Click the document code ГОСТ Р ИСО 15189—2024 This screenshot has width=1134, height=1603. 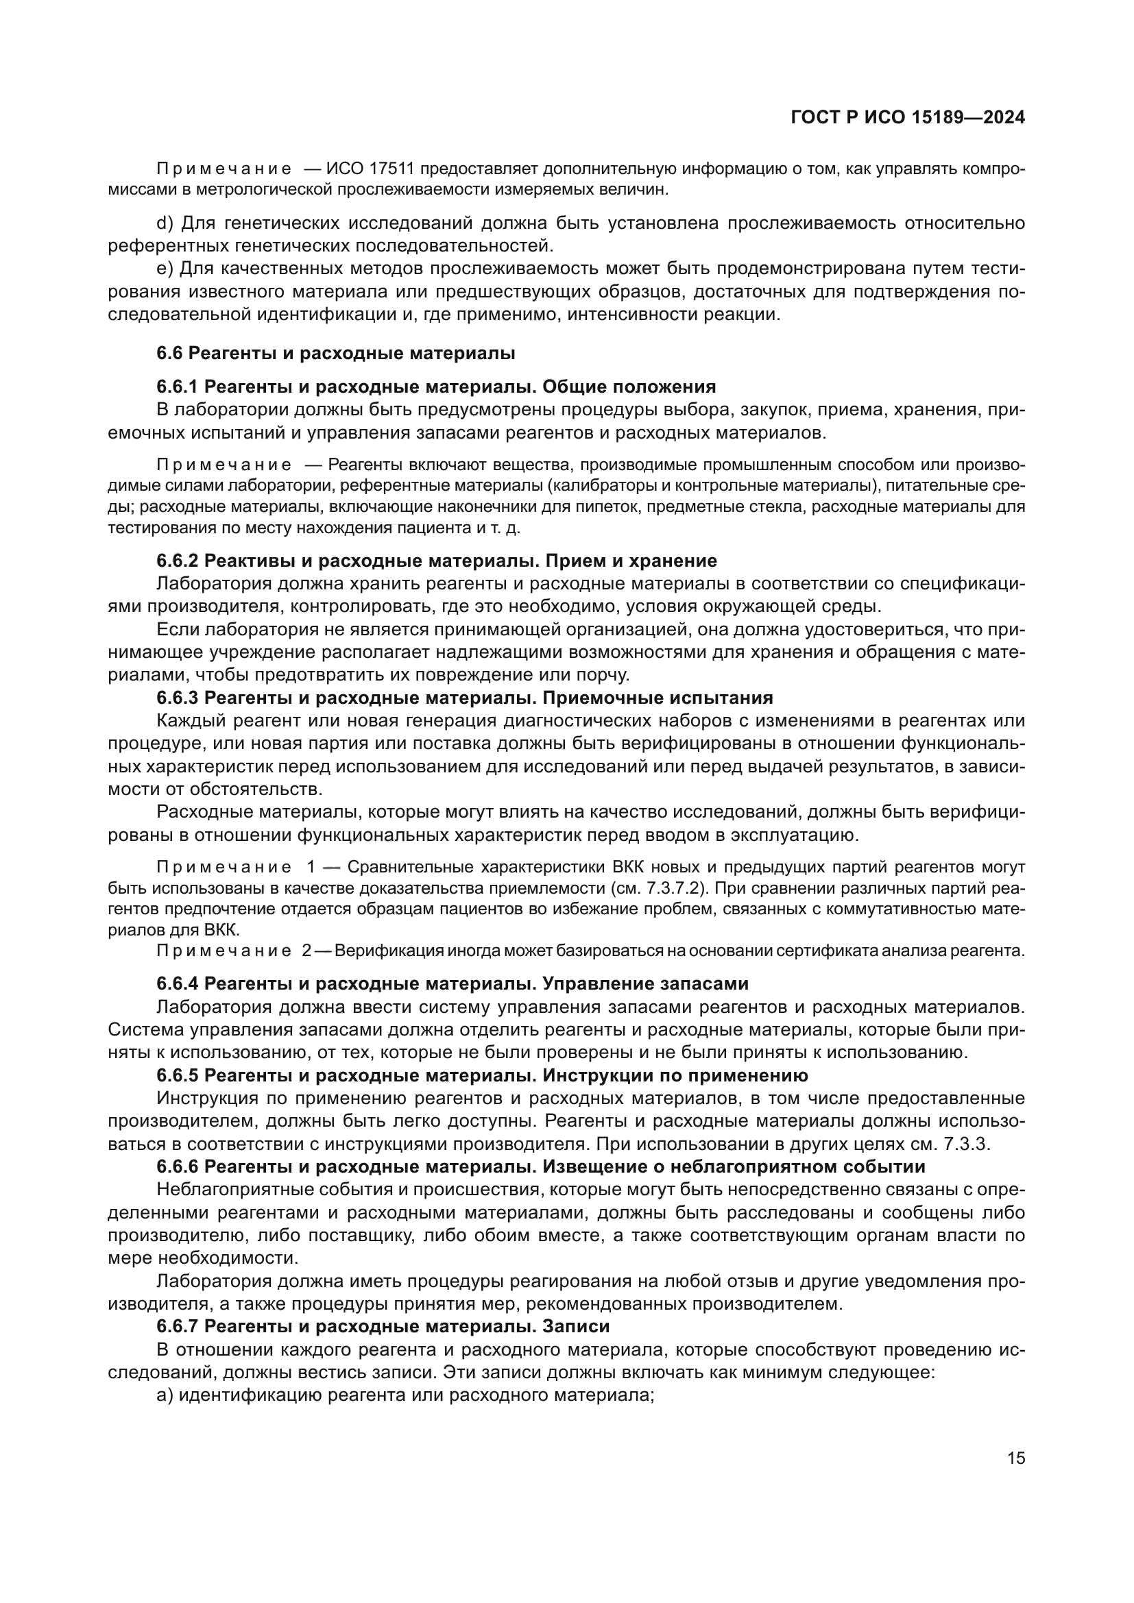(907, 118)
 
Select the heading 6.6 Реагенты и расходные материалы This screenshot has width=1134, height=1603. (335, 353)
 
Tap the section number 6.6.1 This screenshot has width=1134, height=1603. (178, 386)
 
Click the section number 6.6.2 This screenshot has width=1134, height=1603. (178, 561)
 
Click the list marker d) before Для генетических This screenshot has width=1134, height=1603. (164, 223)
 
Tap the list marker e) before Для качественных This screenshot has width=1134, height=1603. (164, 269)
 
